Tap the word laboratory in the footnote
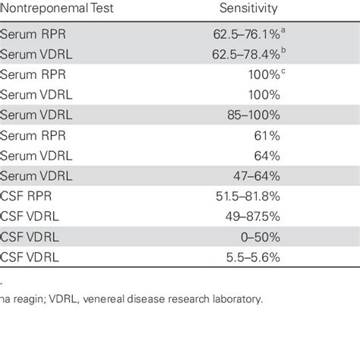238,299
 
